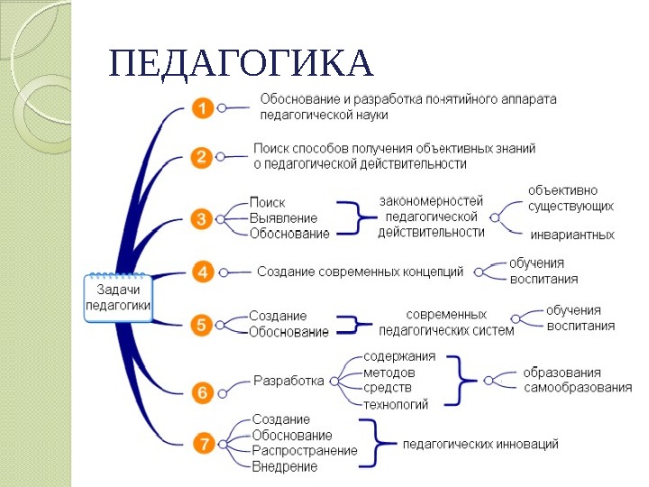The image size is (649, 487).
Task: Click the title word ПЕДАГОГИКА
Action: tap(240, 64)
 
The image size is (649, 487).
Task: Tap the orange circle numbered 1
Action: tap(203, 109)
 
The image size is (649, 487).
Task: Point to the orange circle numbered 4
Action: tap(203, 271)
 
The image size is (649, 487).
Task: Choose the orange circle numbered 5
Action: tap(203, 325)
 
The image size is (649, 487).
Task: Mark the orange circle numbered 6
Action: tap(203, 391)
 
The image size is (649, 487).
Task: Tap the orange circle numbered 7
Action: tap(204, 443)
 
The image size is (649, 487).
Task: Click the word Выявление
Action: tap(283, 218)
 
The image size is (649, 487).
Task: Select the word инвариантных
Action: tap(571, 234)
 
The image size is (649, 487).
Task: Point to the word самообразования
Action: tap(578, 388)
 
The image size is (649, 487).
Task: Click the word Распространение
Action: tap(305, 450)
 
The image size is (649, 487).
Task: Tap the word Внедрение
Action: tap(285, 466)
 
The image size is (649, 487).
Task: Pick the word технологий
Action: tap(396, 404)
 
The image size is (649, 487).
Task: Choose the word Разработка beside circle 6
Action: tap(288, 381)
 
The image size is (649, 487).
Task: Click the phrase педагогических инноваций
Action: tap(480, 444)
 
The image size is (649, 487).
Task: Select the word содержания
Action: tap(399, 356)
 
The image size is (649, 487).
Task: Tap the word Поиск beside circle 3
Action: tap(267, 203)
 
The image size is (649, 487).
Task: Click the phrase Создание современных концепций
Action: tap(361, 271)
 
